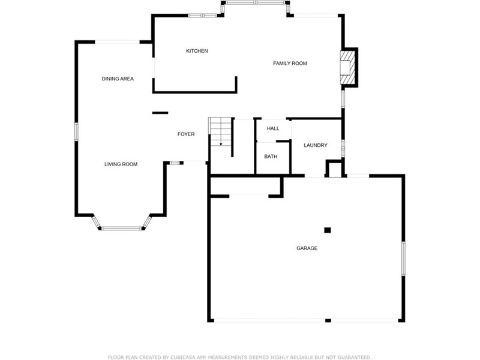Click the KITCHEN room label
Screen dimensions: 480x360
197,51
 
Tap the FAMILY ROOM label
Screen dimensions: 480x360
290,64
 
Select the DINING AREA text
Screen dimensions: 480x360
118,79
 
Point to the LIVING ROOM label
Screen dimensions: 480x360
121,164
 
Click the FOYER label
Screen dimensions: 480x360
186,134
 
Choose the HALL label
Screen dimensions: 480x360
273,128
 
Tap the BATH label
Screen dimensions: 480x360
271,157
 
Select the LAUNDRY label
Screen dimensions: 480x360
316,145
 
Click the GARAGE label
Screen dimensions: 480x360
307,248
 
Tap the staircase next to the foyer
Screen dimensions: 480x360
220,131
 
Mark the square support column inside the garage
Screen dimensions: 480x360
328,230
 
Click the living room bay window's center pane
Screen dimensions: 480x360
122,228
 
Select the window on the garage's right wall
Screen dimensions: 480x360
403,259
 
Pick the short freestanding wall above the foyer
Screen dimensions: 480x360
160,113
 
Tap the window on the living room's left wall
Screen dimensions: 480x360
77,131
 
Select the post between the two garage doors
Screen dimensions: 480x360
328,320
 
